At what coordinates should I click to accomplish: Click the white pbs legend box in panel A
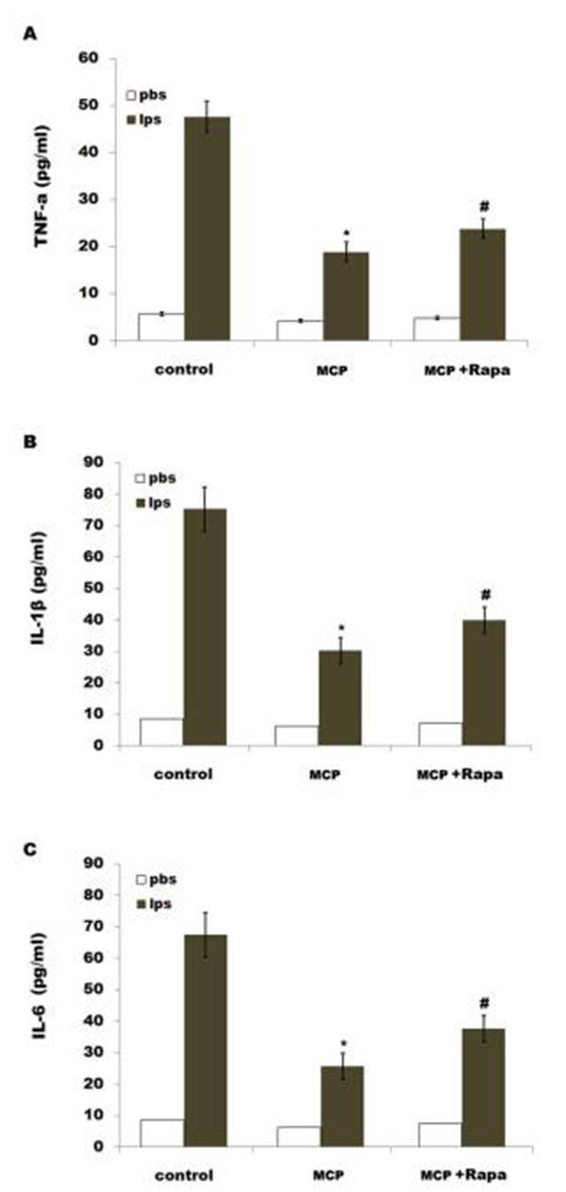pos(133,96)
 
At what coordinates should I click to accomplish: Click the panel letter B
pos(30,440)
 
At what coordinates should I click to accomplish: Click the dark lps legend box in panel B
pos(141,503)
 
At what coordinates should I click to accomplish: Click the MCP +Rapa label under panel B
pos(460,775)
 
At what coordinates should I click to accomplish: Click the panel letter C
pos(30,848)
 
